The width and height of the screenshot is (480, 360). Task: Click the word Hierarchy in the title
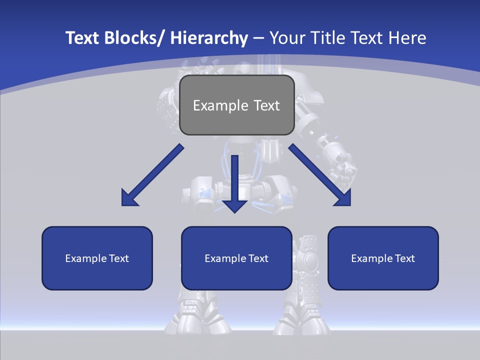click(x=209, y=38)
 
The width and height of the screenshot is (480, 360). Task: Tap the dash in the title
click(x=258, y=38)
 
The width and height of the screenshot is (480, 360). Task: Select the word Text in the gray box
click(x=266, y=106)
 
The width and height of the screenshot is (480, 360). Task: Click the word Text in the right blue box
click(x=404, y=258)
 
